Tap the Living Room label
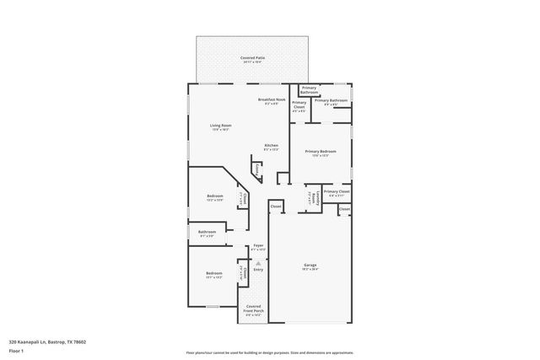(221, 127)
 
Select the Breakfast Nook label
(269, 101)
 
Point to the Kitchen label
(272, 147)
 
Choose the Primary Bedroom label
(321, 153)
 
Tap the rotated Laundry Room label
(312, 198)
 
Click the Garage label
(310, 266)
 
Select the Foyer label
(259, 246)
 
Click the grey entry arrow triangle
(259, 262)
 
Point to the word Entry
(259, 270)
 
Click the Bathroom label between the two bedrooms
(208, 233)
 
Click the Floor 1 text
(17, 352)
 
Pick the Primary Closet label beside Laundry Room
(337, 193)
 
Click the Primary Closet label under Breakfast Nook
(300, 106)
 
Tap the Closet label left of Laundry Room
(276, 207)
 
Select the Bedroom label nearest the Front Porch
(213, 275)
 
